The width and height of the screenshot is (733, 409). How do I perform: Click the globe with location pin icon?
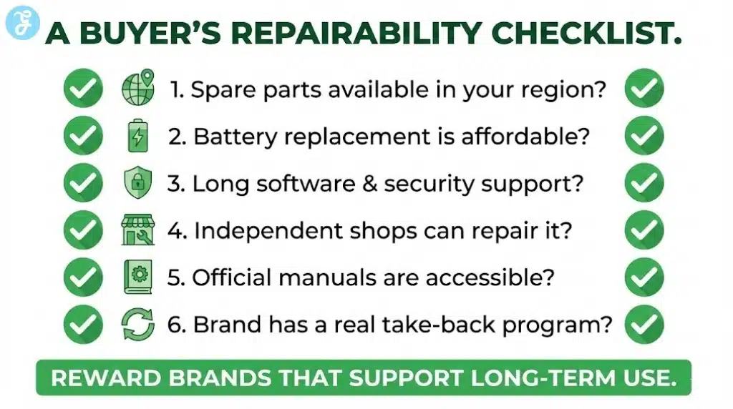click(x=137, y=89)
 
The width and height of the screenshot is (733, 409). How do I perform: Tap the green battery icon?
click(x=137, y=136)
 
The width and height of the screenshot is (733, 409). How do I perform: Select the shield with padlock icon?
click(x=137, y=183)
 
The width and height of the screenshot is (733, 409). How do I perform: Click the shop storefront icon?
click(x=137, y=230)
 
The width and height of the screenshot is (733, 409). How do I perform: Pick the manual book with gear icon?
click(x=137, y=277)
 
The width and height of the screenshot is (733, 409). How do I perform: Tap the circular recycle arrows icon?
click(x=137, y=324)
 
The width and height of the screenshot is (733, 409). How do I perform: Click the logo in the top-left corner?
click(x=19, y=23)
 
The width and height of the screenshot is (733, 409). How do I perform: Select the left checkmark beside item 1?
click(x=83, y=89)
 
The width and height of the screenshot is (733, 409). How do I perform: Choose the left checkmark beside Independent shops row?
click(x=83, y=230)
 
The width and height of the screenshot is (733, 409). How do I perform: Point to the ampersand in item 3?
click(x=369, y=184)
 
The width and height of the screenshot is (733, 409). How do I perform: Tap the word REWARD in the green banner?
click(x=97, y=378)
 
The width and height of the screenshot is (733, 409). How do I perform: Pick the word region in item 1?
click(x=564, y=91)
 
